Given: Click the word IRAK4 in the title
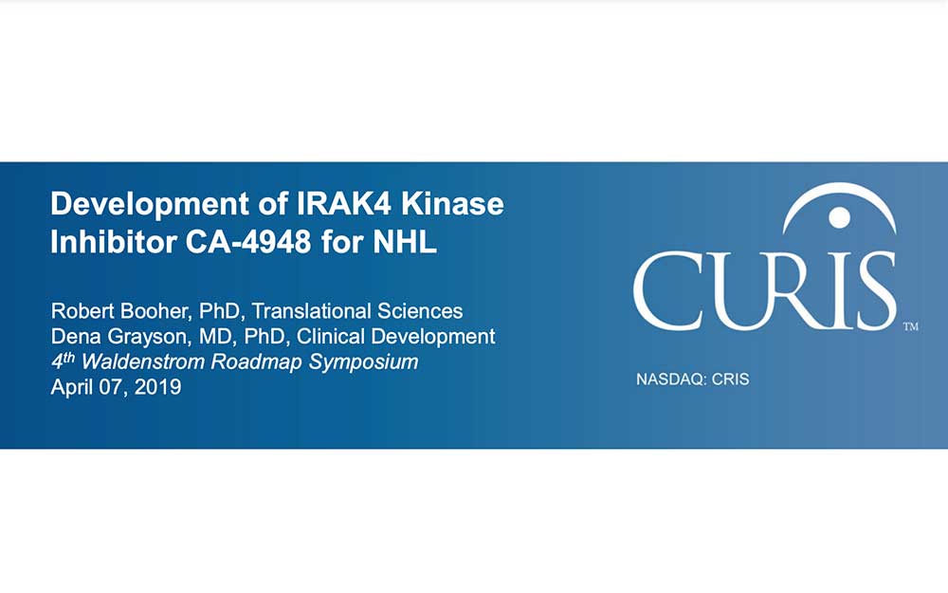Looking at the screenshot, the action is pyautogui.click(x=345, y=204).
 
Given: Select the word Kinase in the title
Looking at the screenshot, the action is pyautogui.click(x=453, y=204).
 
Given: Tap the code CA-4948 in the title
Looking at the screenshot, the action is pyautogui.click(x=248, y=242).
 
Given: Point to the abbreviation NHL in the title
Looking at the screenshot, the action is pyautogui.click(x=405, y=242).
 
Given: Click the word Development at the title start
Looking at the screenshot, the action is pyautogui.click(x=150, y=205).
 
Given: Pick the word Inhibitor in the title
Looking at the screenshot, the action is pyautogui.click(x=114, y=242).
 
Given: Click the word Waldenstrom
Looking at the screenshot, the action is pyautogui.click(x=144, y=361).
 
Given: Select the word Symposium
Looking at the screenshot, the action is pyautogui.click(x=363, y=362).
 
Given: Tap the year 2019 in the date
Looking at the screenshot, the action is pyautogui.click(x=157, y=387).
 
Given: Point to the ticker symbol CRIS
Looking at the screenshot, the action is pyautogui.click(x=730, y=380).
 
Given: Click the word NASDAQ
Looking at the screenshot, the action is pyautogui.click(x=671, y=380).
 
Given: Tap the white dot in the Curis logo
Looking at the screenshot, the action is pyautogui.click(x=839, y=217).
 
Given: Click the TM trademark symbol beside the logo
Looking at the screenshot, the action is pyautogui.click(x=910, y=326).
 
